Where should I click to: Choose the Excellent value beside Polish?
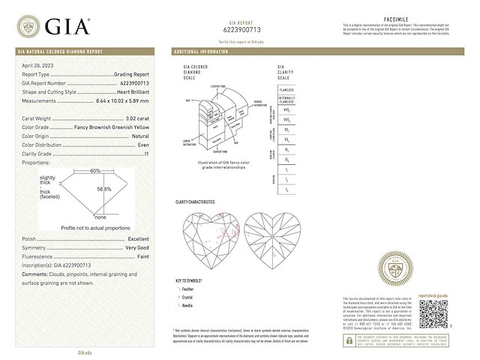click(137, 238)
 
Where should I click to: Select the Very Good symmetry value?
click(136, 247)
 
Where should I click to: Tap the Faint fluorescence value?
click(142, 256)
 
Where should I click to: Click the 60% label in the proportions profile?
click(95, 171)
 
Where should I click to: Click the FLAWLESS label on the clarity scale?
click(286, 89)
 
